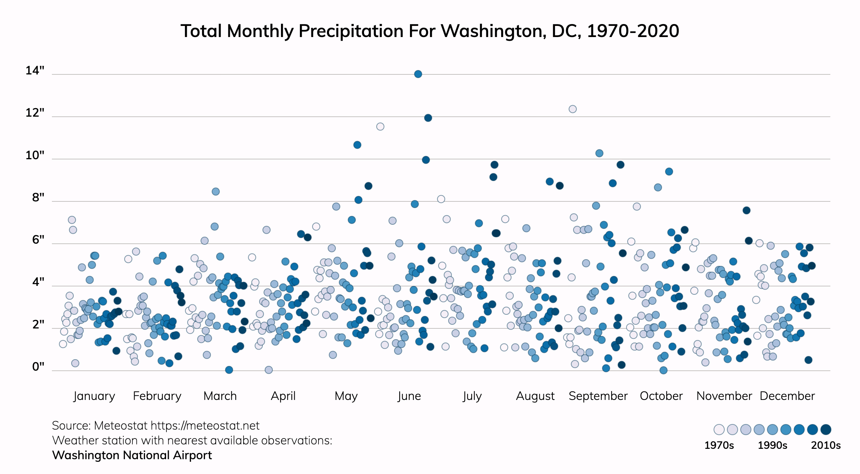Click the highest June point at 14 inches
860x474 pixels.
tap(418, 74)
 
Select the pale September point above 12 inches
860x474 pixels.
tap(572, 109)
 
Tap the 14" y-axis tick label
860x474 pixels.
tap(35, 70)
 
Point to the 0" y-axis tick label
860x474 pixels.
tap(38, 367)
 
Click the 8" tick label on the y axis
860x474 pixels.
tap(38, 197)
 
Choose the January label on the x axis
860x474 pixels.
tap(94, 396)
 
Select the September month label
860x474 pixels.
tap(598, 396)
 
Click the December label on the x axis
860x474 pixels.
tap(787, 396)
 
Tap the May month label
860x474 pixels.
tap(346, 396)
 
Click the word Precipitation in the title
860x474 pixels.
tap(351, 31)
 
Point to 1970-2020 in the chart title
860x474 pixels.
tap(633, 31)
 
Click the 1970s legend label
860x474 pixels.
tap(719, 445)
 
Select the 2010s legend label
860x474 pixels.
tap(826, 445)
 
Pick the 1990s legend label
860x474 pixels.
tap(772, 445)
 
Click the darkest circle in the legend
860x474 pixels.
tap(826, 430)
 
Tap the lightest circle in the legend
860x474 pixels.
tap(719, 430)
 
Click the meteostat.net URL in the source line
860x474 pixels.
tap(205, 425)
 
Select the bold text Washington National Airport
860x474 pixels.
tap(132, 455)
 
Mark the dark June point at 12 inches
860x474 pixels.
tap(428, 118)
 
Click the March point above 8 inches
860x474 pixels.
tap(215, 191)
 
